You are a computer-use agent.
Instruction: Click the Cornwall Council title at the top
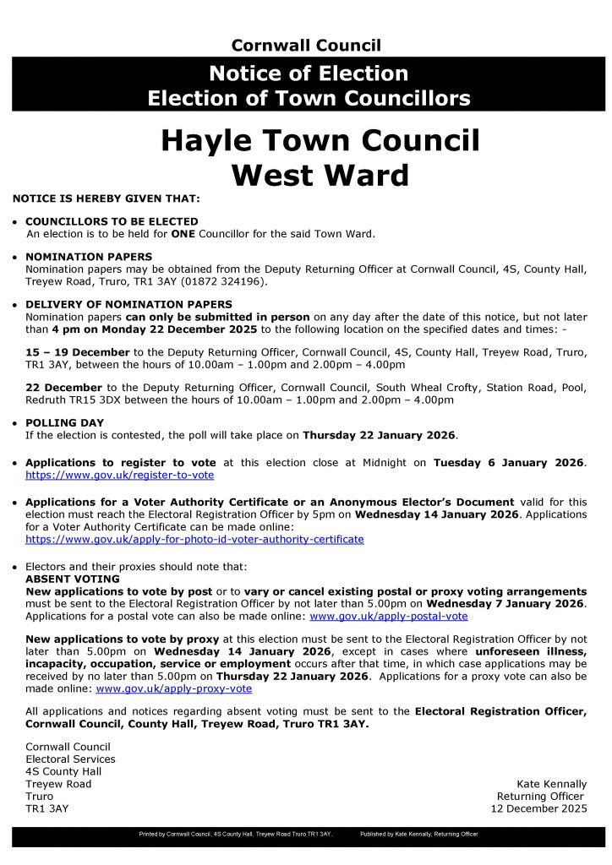click(306, 46)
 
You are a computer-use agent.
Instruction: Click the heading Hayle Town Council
click(320, 140)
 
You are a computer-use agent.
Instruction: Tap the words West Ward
click(320, 174)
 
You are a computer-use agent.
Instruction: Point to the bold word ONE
click(183, 233)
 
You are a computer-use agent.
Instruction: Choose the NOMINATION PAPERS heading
click(89, 257)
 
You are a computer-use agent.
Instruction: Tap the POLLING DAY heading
click(65, 422)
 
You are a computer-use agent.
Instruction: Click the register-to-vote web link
click(119, 475)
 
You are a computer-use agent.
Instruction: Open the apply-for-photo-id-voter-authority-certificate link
click(194, 539)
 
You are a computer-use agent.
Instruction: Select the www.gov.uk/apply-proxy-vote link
click(174, 688)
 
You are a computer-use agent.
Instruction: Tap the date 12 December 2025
click(538, 808)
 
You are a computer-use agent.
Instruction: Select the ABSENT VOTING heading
click(73, 579)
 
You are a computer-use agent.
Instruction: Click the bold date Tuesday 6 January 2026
click(508, 463)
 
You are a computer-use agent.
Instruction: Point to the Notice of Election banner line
click(309, 73)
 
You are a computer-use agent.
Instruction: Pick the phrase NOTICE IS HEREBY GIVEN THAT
click(107, 199)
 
